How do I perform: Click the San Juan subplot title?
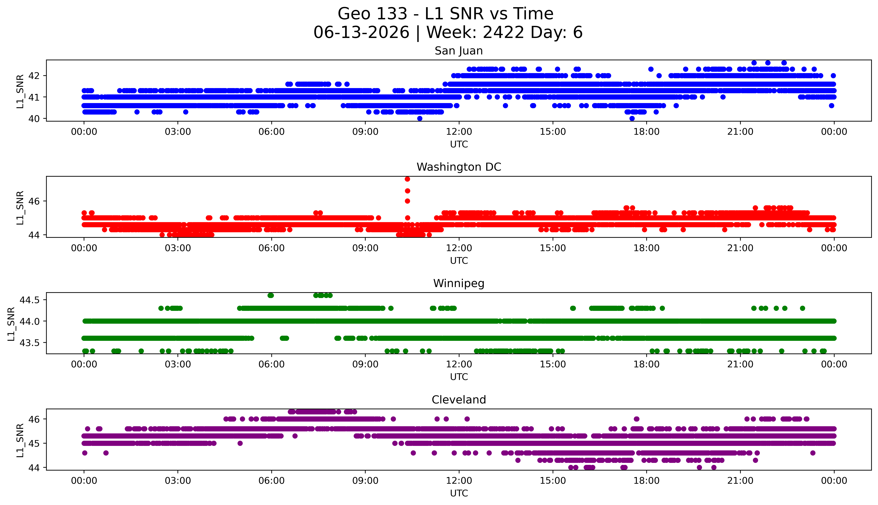[459, 51]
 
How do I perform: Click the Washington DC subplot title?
[459, 167]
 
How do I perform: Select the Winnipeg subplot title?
[459, 284]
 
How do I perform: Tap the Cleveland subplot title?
[459, 400]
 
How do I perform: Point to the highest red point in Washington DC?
[407, 179]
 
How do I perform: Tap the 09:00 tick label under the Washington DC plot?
[365, 248]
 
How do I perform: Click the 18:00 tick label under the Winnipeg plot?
[647, 364]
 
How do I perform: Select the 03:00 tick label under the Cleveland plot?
[178, 481]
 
